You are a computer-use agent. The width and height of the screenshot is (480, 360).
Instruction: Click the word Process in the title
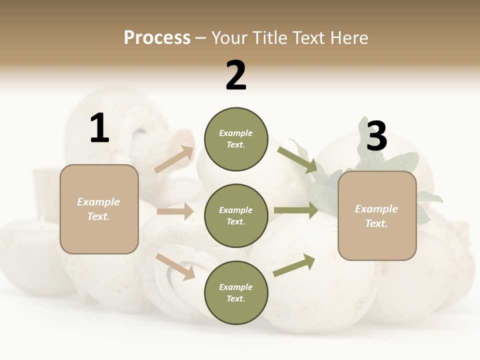click(x=157, y=38)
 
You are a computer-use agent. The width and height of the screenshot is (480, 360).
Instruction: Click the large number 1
click(x=99, y=128)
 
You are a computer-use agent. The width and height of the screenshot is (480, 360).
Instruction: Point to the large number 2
click(x=236, y=75)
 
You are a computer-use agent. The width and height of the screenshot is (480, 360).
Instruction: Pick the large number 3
click(x=376, y=136)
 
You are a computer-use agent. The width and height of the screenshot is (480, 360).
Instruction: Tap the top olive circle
click(x=236, y=139)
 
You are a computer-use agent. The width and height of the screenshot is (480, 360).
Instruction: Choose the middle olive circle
click(x=236, y=215)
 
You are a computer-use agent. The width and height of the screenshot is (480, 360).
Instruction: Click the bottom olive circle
click(x=236, y=292)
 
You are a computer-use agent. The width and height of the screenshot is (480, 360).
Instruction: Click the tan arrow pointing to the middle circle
click(x=175, y=211)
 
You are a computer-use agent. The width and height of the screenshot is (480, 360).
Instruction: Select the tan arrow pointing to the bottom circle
click(x=175, y=266)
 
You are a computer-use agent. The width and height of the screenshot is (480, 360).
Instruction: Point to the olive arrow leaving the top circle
click(x=298, y=159)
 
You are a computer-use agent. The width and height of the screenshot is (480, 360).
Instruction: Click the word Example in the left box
click(x=98, y=202)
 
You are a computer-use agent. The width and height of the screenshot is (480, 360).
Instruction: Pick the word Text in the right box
click(x=376, y=223)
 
